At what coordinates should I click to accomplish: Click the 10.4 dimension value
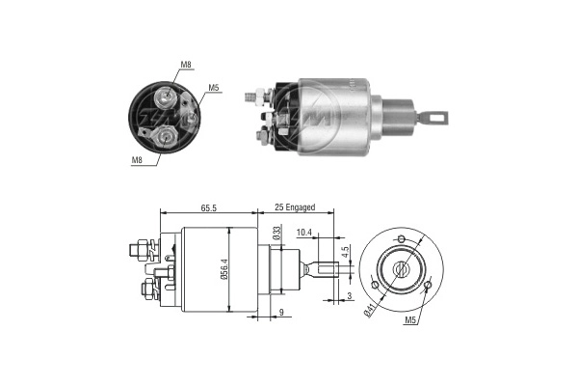point(304,233)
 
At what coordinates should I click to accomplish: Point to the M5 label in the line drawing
point(411,319)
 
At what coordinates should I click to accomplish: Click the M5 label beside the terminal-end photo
point(214,89)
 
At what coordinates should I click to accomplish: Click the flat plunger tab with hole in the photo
point(436,118)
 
